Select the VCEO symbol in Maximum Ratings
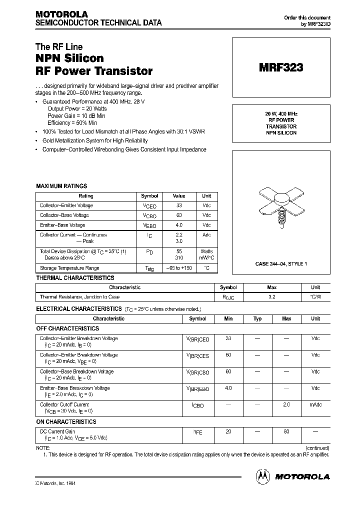tap(149, 206)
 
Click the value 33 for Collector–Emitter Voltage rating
tap(179, 205)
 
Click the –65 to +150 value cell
tap(179, 268)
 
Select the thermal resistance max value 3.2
tap(272, 297)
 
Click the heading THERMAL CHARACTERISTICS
tap(75, 278)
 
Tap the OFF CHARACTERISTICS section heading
tap(68, 328)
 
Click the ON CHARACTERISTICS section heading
tap(66, 421)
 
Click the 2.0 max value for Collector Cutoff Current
tap(286, 404)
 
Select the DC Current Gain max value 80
tap(286, 431)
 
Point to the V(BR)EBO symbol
tap(198, 389)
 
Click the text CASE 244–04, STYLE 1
tap(281, 263)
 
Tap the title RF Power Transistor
tap(94, 71)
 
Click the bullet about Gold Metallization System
tap(95, 141)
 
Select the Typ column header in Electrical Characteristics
tap(257, 318)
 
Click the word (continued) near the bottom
tap(316, 448)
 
